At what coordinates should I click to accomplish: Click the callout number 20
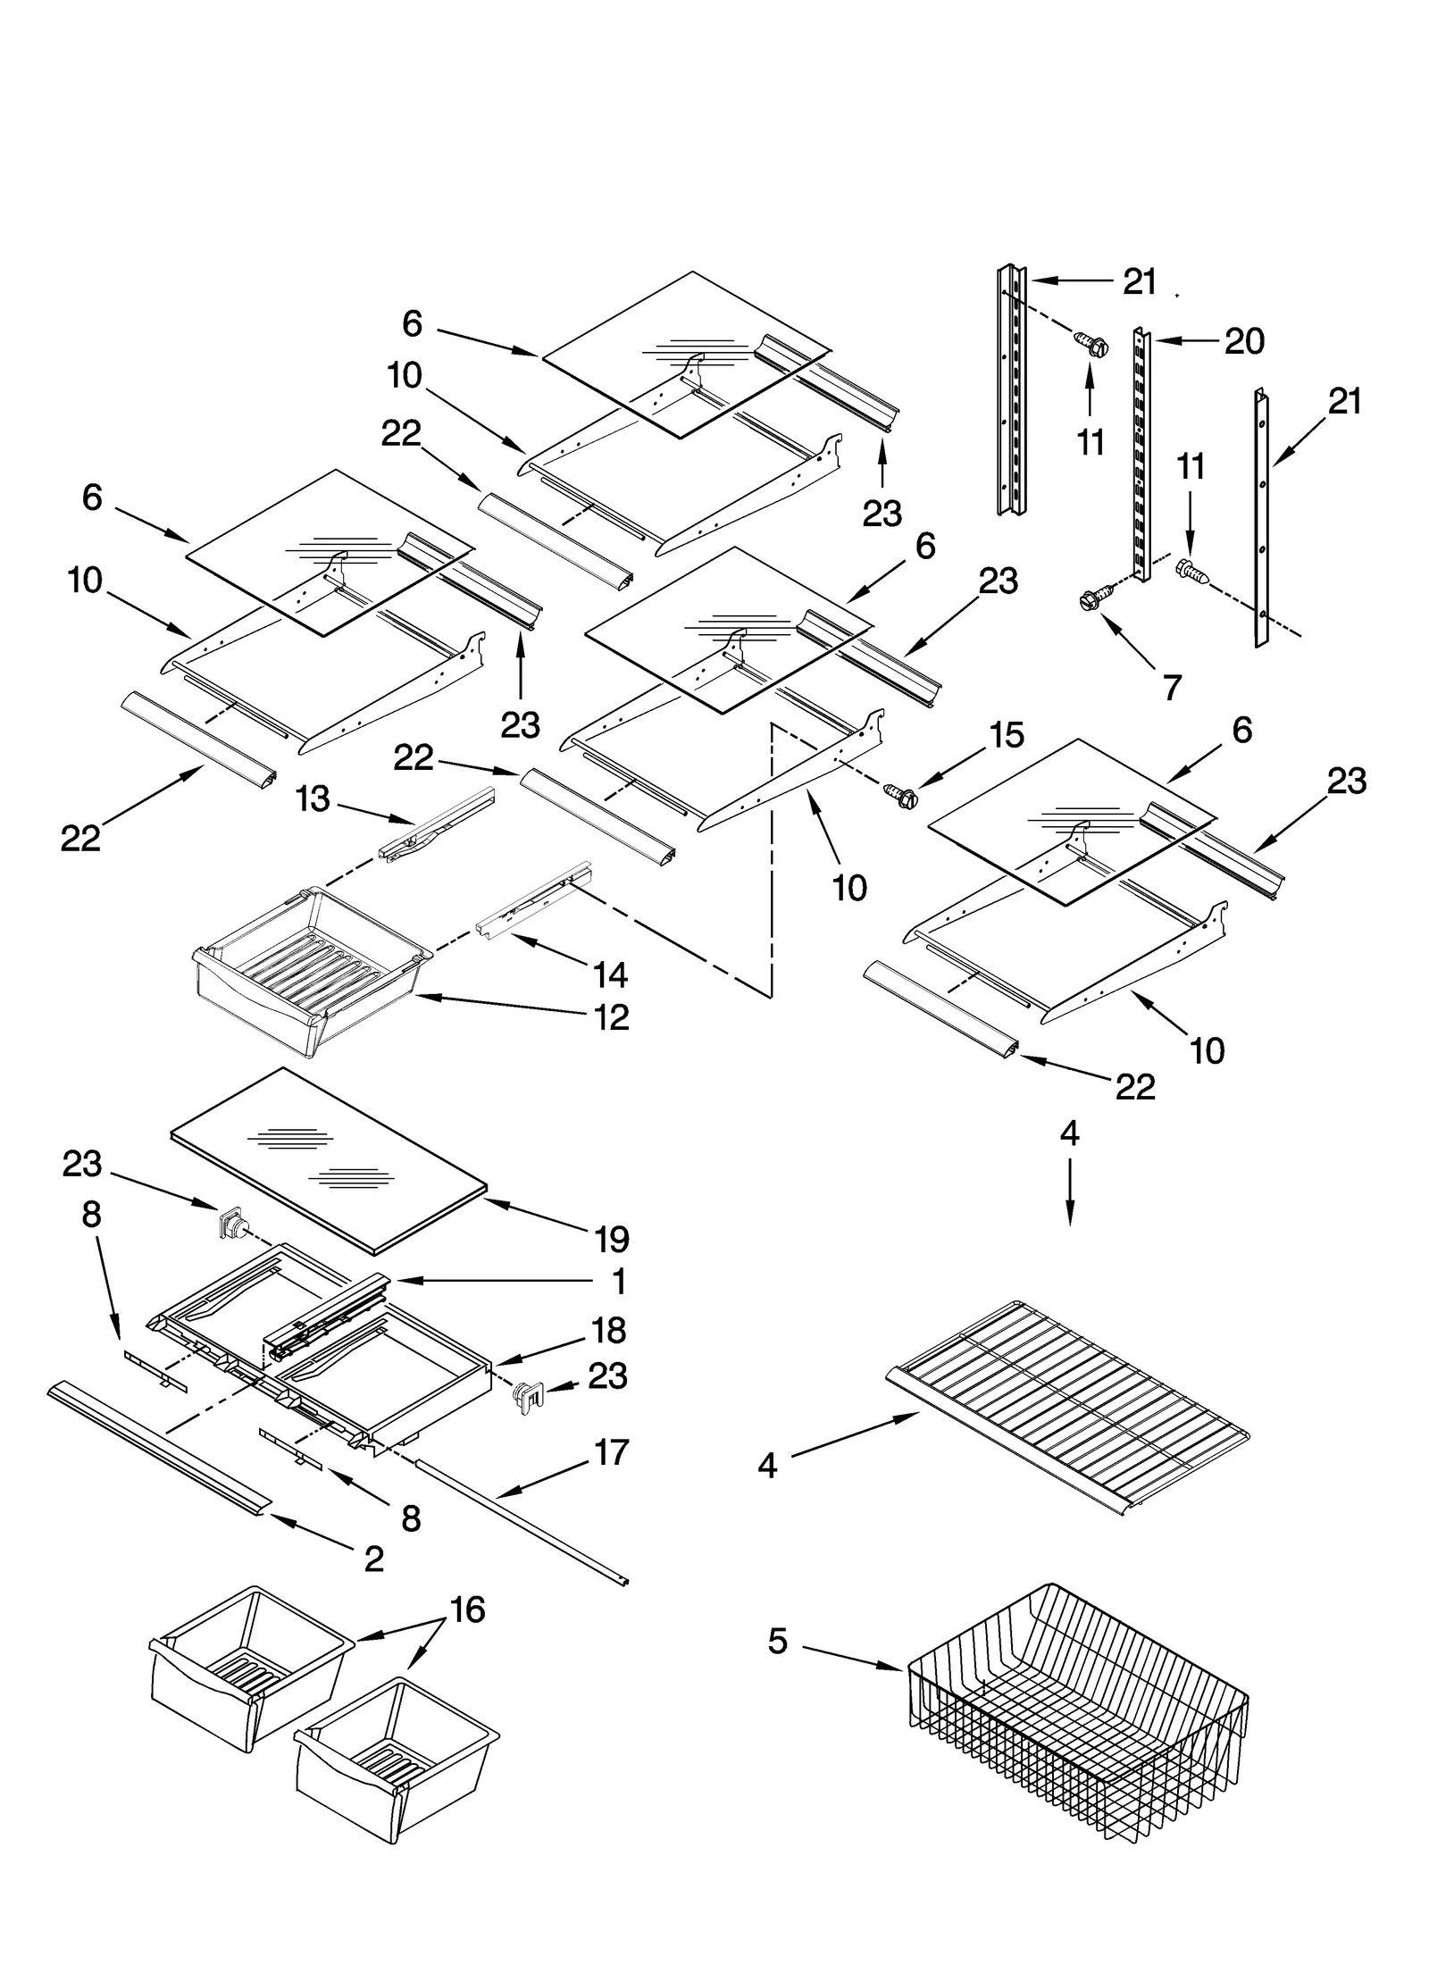[x=1243, y=341]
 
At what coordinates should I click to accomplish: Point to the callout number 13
[x=313, y=799]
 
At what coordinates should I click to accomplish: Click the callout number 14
[x=611, y=974]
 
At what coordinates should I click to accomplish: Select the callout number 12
[x=612, y=1017]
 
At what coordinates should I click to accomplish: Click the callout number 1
[x=619, y=1283]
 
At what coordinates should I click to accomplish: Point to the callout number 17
[x=612, y=1453]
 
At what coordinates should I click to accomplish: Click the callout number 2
[x=374, y=1559]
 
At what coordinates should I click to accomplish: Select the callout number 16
[x=467, y=1610]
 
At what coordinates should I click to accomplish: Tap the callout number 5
[x=778, y=1641]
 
